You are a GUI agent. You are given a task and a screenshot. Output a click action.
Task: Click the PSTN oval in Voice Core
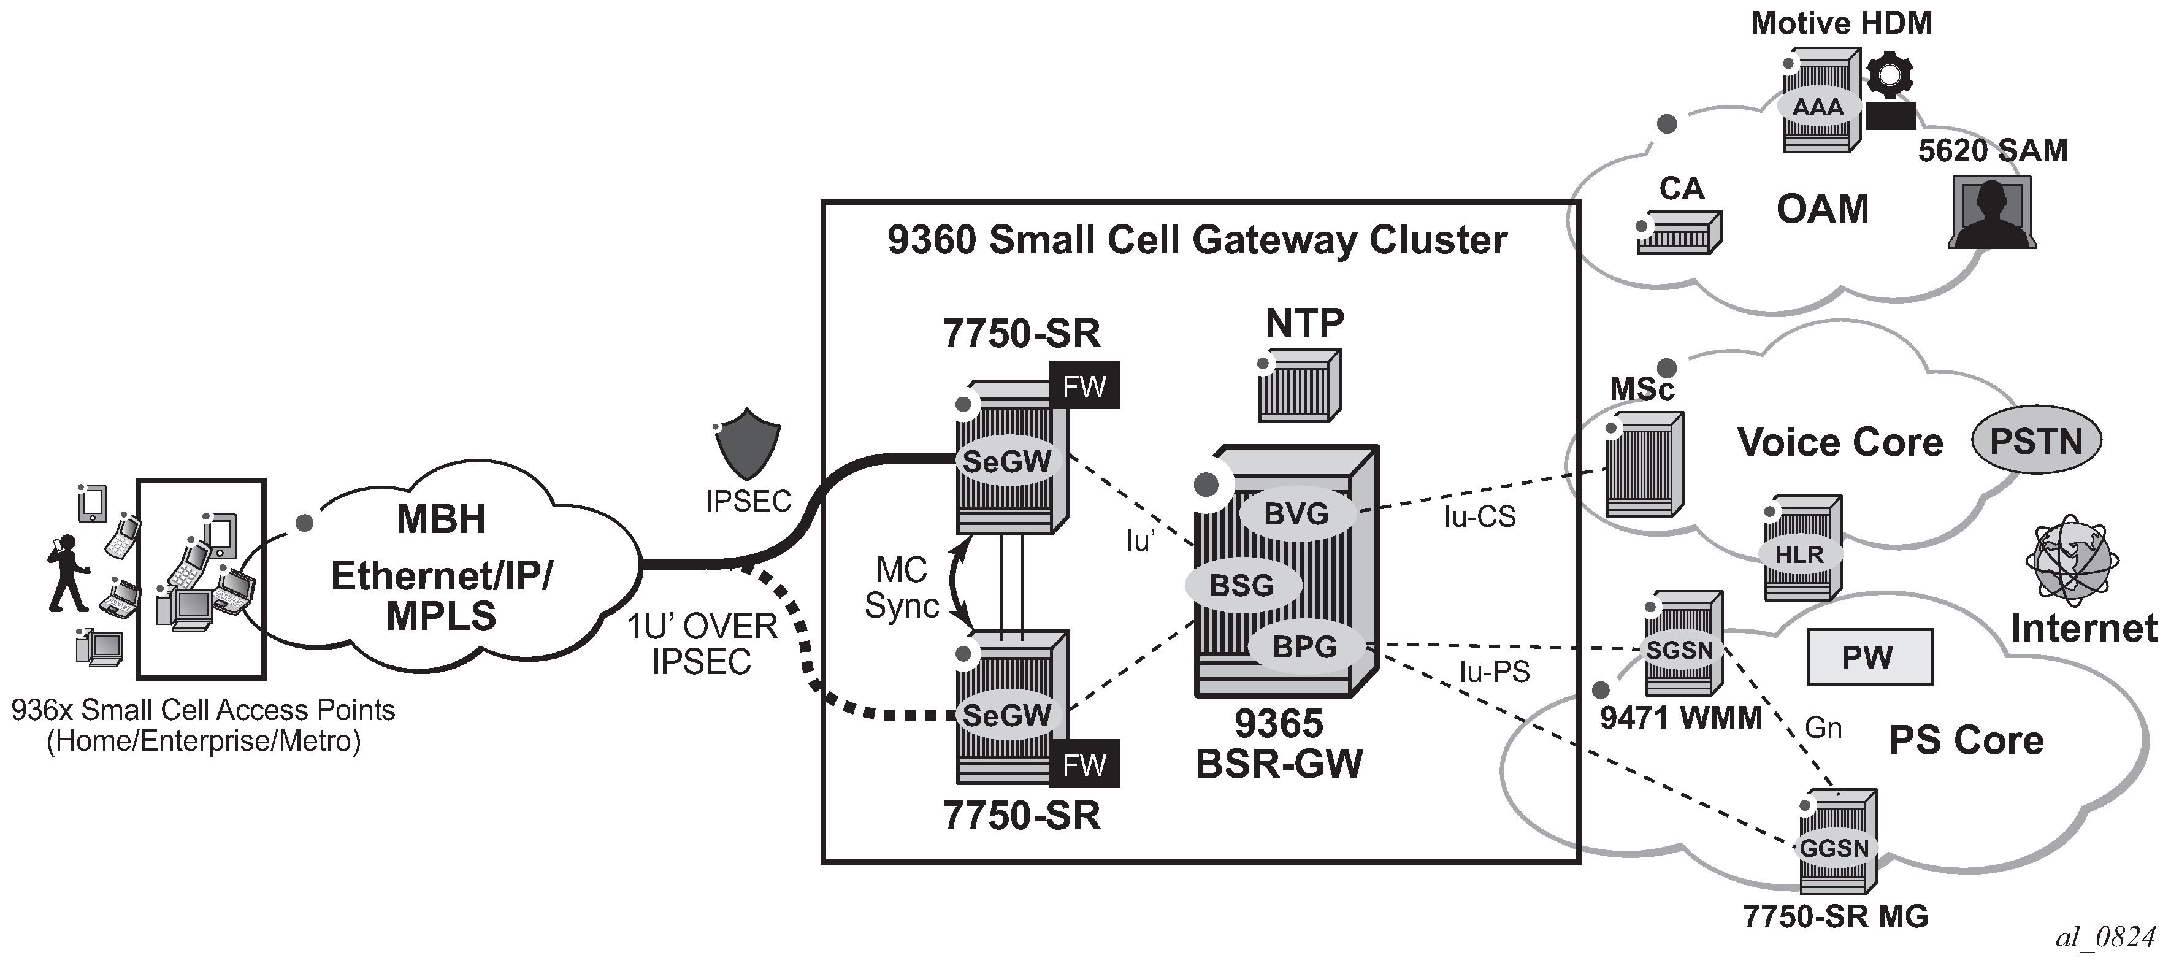pos(2035,442)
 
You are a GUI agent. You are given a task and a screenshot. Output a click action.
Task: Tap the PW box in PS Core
pos(1869,657)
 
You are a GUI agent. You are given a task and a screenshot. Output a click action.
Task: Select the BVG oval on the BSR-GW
pos(1296,513)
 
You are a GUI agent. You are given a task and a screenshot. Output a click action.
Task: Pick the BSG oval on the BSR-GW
pos(1242,585)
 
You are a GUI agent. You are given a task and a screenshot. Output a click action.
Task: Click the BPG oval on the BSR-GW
pos(1304,647)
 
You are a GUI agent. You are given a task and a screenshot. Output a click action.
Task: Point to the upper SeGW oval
pos(1006,461)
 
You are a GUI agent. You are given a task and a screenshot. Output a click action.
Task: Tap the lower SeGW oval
pos(1006,716)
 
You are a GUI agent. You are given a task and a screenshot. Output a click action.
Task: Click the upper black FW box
pos(1084,386)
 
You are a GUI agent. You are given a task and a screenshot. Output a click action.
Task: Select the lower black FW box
pos(1084,764)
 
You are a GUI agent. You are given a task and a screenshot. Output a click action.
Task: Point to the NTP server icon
pos(1298,385)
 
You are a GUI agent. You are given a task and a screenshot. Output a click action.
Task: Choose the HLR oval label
pos(1799,554)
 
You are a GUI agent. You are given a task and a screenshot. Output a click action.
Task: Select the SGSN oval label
pos(1680,650)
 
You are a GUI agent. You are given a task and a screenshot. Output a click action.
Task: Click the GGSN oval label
pos(1834,848)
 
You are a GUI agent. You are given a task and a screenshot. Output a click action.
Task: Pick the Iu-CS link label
pos(1479,516)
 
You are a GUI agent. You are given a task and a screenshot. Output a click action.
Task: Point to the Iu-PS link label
pos(1494,672)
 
